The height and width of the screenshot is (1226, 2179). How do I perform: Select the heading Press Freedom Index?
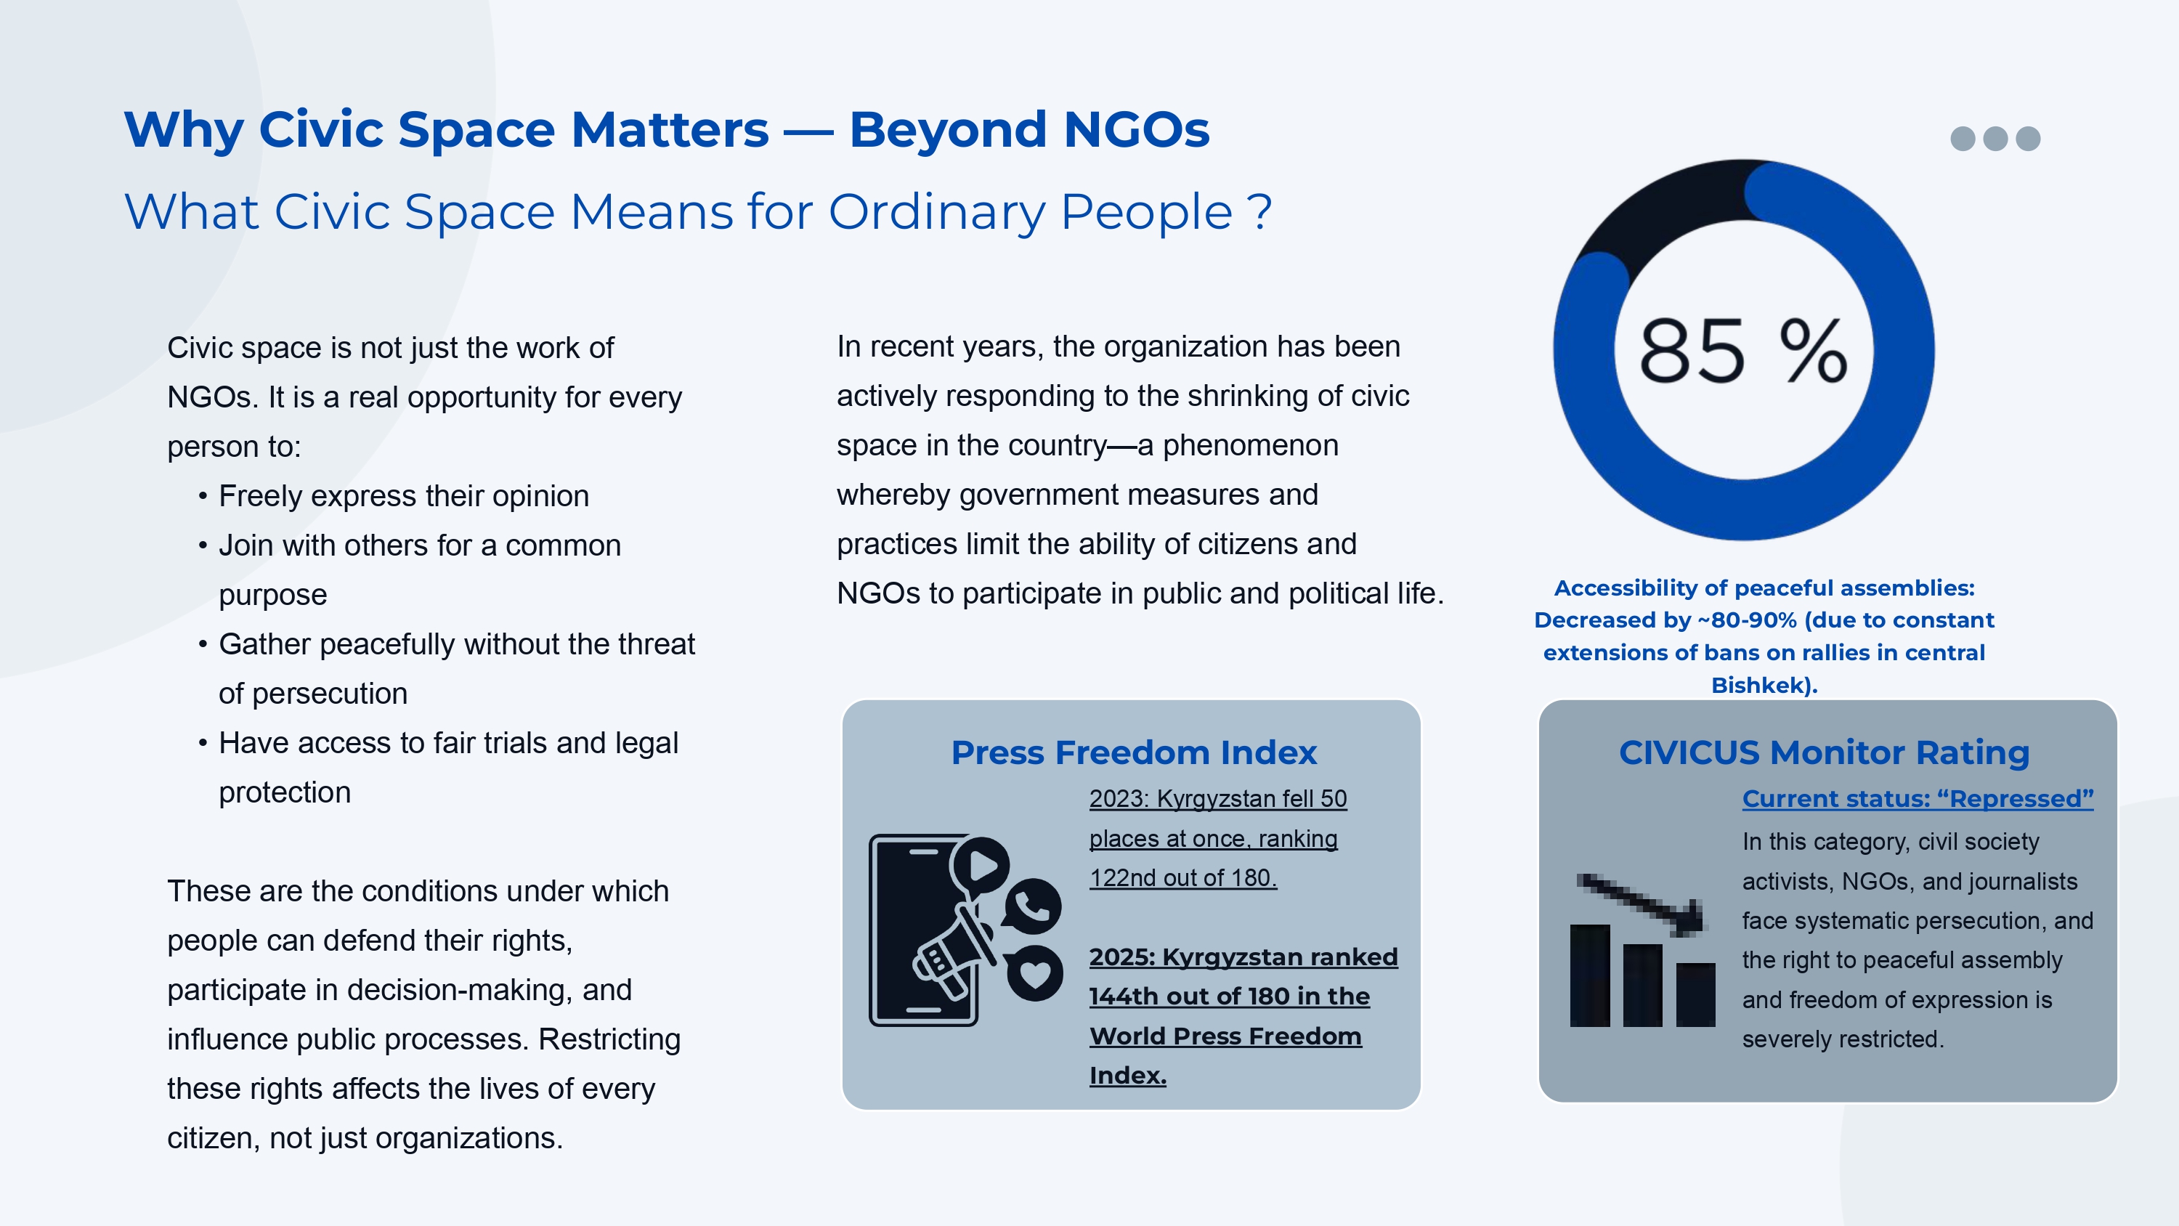[x=1134, y=752]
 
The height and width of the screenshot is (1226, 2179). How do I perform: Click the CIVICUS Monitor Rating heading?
[x=1824, y=752]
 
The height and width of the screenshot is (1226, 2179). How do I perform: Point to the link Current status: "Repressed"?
[x=1918, y=799]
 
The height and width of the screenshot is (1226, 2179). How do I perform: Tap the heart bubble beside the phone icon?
[x=1034, y=973]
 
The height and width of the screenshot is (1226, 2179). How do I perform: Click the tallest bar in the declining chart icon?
[x=1590, y=975]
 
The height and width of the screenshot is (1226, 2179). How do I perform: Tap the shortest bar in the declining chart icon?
[x=1696, y=995]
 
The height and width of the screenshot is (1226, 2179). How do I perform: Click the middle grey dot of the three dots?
[x=1995, y=139]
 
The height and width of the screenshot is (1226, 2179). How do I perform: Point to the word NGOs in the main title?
[x=1136, y=130]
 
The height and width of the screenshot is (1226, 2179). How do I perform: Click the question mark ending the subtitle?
[x=1259, y=211]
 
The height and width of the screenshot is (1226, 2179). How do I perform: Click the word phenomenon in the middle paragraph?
[x=1250, y=445]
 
